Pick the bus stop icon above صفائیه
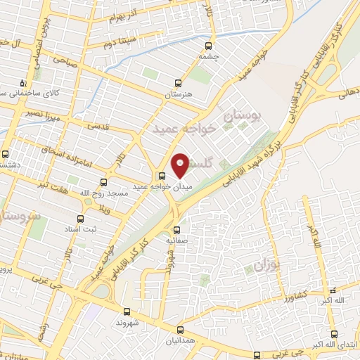(176, 229)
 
